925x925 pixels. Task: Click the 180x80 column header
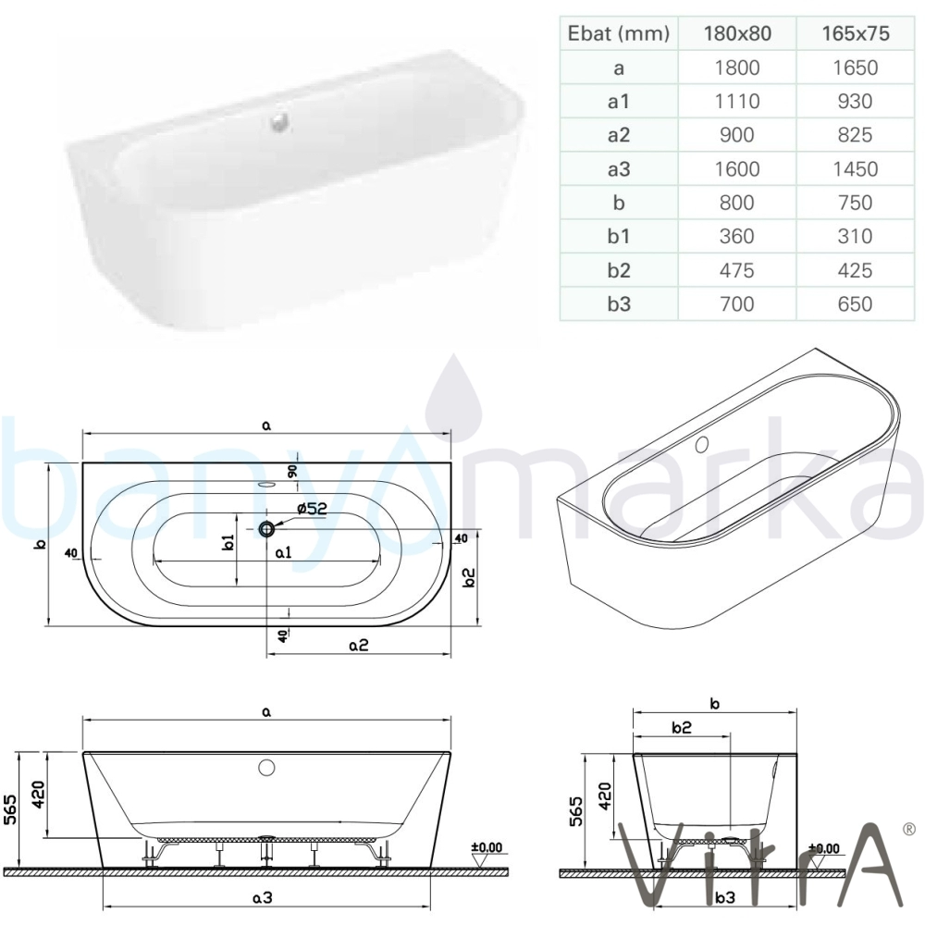(737, 33)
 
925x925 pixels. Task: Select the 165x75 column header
(856, 33)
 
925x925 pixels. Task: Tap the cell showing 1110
(737, 102)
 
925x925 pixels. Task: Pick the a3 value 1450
(856, 169)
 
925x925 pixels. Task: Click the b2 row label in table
(619, 270)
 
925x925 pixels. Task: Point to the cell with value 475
(737, 270)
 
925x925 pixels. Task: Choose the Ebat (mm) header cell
(619, 33)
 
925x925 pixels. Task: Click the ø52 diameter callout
(312, 508)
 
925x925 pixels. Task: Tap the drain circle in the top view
(266, 529)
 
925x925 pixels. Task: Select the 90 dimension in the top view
(292, 472)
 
